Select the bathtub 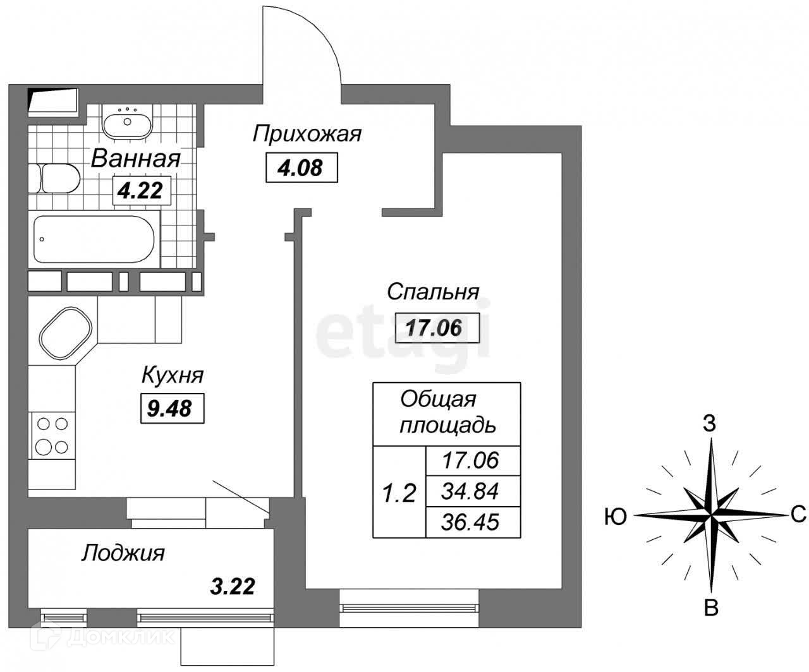pos(94,239)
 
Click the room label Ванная pos(136,159)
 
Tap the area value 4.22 pos(142,189)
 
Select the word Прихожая pos(307,135)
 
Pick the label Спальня pos(433,292)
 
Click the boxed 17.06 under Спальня pos(434,327)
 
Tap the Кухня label pos(172,375)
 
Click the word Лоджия pos(123,553)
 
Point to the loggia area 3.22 pos(232,586)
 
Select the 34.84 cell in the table pos(470,491)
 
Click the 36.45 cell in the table pos(470,522)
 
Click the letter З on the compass pos(710,424)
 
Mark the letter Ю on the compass pos(615,517)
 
